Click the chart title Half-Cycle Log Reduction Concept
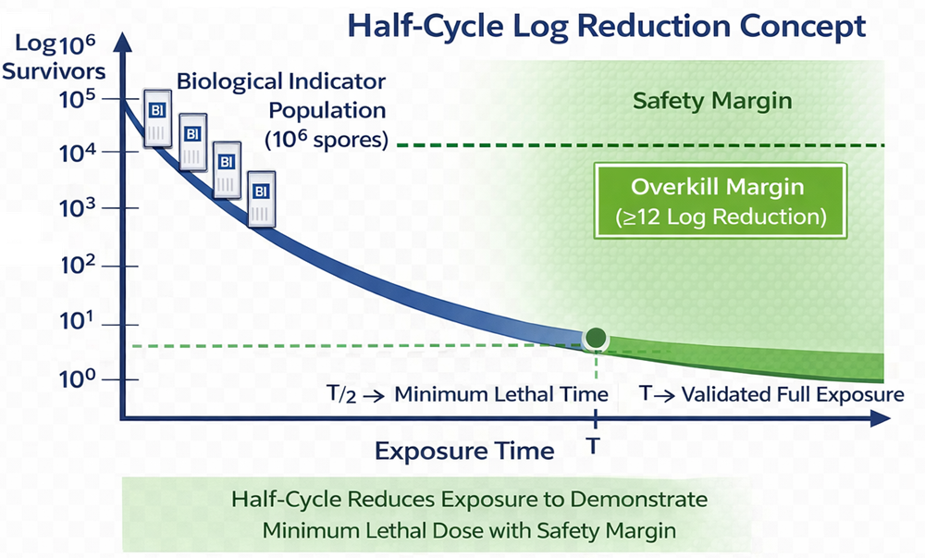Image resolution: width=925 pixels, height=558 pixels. [x=606, y=26]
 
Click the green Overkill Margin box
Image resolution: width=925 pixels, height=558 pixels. [x=718, y=201]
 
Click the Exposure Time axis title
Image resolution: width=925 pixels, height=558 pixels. [x=463, y=451]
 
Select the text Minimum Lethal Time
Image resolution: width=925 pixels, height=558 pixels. [x=501, y=394]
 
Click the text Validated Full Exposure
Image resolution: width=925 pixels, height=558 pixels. [x=792, y=394]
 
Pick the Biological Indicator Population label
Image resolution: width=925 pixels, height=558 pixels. [x=281, y=110]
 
